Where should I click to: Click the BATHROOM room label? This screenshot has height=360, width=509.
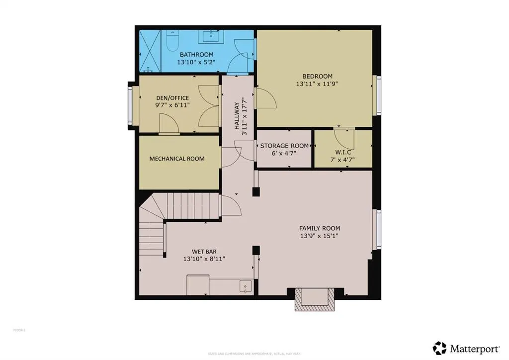[x=196, y=55]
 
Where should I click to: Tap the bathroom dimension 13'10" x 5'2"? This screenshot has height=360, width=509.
[x=196, y=63]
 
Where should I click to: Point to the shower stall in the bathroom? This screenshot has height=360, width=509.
[x=151, y=51]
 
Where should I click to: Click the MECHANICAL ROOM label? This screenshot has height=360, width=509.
[x=177, y=159]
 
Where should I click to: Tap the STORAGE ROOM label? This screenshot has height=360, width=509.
[x=284, y=146]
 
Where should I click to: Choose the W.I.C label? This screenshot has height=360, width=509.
[x=343, y=152]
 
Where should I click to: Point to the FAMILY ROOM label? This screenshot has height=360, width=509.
[x=320, y=228]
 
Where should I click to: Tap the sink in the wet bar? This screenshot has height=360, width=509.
[x=245, y=286]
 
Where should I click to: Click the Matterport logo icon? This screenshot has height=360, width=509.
[x=439, y=348]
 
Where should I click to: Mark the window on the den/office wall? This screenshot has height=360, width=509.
[x=131, y=105]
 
